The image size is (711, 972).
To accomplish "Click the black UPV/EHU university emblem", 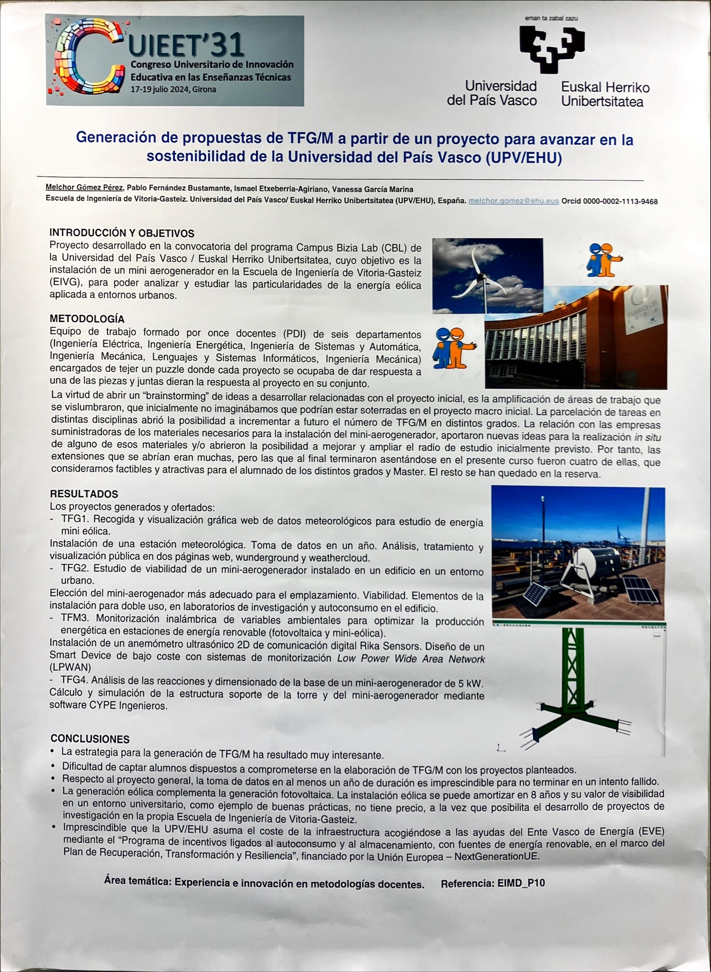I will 551,49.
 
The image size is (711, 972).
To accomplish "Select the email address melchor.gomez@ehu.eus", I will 514,201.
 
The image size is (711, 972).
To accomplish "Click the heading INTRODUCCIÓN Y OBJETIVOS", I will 122,233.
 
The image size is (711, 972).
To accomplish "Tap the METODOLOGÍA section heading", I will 87,319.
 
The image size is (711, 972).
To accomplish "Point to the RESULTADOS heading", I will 84,494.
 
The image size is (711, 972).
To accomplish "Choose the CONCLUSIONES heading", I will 90,739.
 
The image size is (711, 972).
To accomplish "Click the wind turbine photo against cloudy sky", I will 487,275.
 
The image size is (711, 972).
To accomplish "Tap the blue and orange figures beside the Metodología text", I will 455,348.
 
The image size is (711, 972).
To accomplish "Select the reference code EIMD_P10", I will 521,883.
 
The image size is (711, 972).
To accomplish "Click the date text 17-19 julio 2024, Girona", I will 173,89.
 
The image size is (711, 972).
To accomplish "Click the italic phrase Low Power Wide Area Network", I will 411,659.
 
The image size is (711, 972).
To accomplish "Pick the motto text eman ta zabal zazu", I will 551,18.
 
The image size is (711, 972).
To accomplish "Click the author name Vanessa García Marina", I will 373,189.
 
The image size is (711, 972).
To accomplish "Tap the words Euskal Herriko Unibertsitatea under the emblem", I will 605,94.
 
